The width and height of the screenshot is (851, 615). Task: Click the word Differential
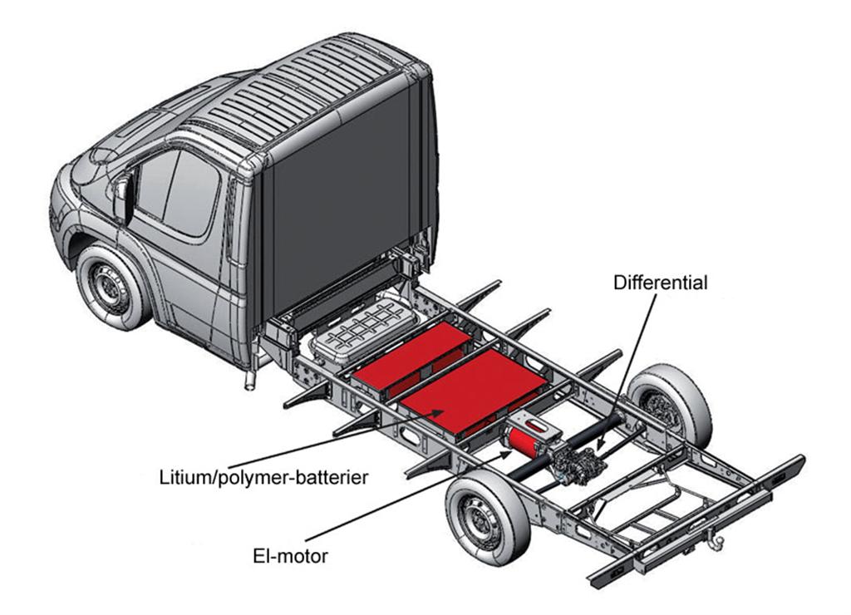tap(660, 283)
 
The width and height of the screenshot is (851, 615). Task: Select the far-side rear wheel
tap(669, 406)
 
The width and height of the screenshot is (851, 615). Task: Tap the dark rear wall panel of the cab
tap(341, 208)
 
